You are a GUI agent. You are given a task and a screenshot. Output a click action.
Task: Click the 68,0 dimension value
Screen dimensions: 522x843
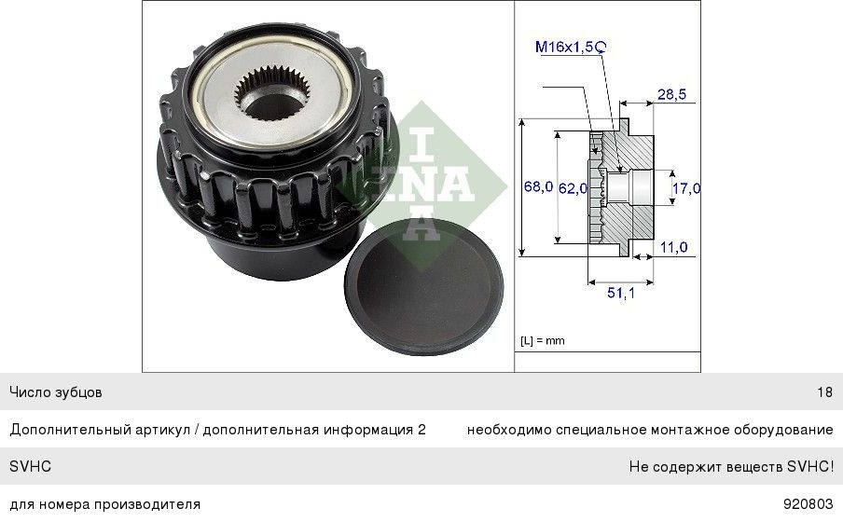pos(538,187)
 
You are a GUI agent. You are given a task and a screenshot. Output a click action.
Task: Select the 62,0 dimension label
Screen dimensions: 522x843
pos(573,187)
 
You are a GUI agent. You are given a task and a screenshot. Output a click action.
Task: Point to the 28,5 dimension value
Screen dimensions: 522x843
pos(671,94)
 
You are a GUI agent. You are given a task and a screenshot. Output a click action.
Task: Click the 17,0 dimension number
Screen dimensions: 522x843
pos(686,188)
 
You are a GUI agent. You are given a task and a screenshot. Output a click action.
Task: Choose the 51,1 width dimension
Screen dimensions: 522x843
pos(620,293)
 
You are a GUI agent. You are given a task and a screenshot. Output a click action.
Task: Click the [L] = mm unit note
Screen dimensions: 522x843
pos(542,341)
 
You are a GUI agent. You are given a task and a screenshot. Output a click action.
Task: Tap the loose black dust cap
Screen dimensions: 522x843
pos(423,285)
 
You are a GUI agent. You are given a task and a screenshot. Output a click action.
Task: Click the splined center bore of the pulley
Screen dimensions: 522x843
pos(280,89)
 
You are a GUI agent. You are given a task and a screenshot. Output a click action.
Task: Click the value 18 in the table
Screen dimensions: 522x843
pos(824,392)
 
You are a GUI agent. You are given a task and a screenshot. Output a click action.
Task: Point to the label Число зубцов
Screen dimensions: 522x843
pos(56,392)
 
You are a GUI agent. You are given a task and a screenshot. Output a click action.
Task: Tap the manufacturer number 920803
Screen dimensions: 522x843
pos(808,504)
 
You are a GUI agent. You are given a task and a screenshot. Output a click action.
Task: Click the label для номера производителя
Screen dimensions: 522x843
pos(104,504)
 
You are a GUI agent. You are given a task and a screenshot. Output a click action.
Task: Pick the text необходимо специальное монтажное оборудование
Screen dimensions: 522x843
pos(650,430)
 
